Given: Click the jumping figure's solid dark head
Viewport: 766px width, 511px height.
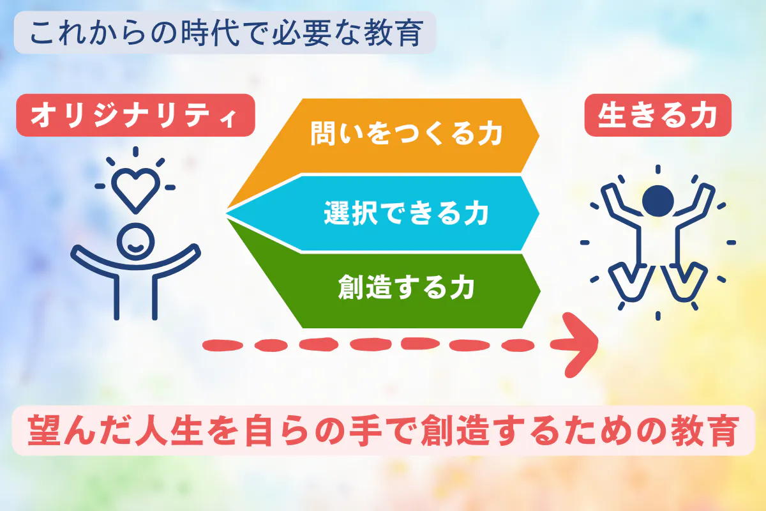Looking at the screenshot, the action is [658, 201].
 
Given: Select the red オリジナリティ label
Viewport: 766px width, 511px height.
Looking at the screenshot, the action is [135, 116].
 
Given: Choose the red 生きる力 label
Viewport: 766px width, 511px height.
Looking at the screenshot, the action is [657, 116].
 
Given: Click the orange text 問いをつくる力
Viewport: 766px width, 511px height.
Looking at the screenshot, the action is [406, 133].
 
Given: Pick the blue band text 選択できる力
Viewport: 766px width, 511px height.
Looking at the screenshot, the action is [406, 213].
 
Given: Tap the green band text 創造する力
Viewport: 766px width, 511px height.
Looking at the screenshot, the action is [406, 287].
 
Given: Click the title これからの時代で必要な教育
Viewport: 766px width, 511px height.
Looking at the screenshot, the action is [227, 33].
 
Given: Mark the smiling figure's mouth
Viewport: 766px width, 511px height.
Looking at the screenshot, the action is [136, 248].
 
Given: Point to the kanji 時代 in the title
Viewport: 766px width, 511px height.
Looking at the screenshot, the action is [210, 33].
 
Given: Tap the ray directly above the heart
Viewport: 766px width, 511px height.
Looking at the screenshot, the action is [136, 151].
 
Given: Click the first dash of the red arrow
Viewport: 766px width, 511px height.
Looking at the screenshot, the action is [223, 345].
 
